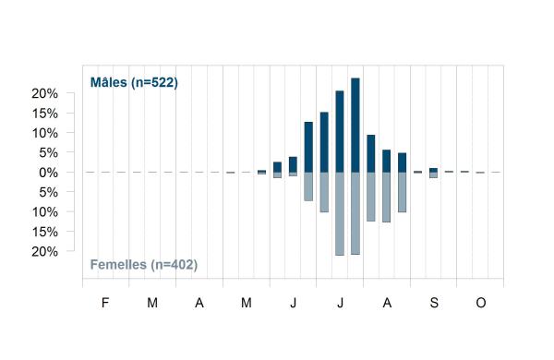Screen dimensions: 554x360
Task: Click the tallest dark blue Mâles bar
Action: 355,125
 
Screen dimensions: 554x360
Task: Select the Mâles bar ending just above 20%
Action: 340,131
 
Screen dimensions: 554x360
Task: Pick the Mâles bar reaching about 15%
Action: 324,142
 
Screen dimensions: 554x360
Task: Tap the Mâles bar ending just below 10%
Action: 371,153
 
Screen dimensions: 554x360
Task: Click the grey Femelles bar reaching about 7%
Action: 308,186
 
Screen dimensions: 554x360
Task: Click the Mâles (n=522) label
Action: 134,82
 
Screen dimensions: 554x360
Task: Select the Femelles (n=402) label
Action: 144,265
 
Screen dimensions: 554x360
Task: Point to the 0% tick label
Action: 48,173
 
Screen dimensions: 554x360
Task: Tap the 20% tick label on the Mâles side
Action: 45,93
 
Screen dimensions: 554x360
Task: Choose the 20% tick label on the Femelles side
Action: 45,252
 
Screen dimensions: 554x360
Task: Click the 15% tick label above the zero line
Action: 45,114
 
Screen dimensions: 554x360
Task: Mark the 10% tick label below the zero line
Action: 45,212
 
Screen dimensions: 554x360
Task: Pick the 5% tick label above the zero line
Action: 48,153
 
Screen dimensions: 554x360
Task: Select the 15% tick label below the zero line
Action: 45,232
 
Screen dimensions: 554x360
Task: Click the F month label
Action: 105,303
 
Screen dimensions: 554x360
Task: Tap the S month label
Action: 434,303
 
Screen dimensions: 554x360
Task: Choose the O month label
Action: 481,303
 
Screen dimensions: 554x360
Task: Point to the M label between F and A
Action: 152,303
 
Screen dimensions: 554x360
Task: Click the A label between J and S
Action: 387,303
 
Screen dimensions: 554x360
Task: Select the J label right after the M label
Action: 293,303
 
